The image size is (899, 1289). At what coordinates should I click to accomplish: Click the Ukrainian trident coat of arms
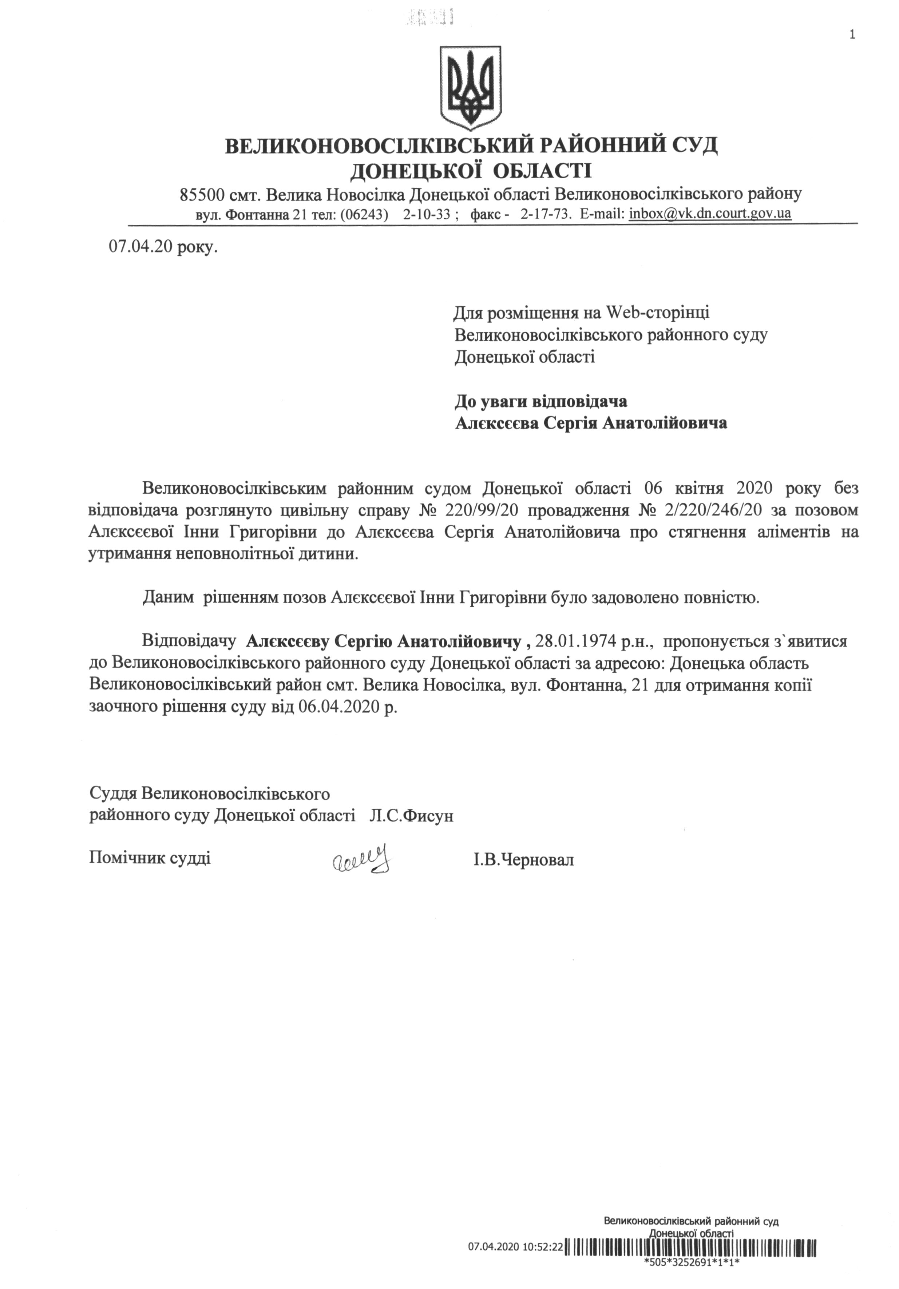tap(470, 87)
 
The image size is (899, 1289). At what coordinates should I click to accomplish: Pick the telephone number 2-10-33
tap(427, 214)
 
